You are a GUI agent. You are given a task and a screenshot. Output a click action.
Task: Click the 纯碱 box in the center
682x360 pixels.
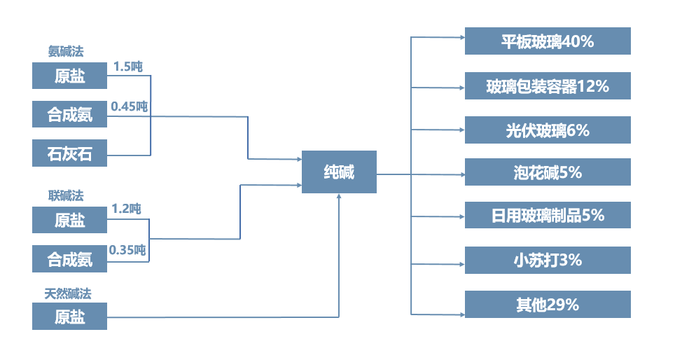(339, 172)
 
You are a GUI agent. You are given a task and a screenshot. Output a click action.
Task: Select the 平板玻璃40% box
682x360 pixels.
(548, 41)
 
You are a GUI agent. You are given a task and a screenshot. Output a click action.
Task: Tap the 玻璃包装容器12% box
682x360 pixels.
(548, 86)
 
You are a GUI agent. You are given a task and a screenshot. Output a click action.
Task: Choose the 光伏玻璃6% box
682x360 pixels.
(548, 130)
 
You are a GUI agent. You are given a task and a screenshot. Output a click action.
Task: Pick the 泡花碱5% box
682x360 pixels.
(548, 172)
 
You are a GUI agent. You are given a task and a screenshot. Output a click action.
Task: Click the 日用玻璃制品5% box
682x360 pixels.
(548, 215)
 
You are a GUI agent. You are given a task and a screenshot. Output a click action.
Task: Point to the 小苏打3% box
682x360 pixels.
(548, 260)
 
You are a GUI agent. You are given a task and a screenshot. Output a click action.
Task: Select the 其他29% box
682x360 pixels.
(548, 305)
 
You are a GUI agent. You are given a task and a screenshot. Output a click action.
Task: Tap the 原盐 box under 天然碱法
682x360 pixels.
(70, 317)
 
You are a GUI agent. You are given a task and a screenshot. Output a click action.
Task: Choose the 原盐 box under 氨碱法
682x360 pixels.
(70, 76)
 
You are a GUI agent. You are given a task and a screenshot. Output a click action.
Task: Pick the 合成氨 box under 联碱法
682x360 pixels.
(70, 259)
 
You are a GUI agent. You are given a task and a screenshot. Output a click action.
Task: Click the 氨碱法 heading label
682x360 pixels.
(67, 51)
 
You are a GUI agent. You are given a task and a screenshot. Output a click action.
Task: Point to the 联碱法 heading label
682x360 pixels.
(66, 195)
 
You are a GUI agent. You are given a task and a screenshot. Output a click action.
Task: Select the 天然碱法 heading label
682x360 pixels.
(68, 293)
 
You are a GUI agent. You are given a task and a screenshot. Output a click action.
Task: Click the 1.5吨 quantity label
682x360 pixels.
(128, 67)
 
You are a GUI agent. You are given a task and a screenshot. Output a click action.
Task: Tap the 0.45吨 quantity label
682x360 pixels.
(130, 106)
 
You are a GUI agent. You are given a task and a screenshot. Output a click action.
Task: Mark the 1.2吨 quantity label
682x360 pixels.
(127, 209)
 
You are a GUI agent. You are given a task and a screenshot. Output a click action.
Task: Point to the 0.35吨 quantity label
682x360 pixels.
(127, 249)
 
